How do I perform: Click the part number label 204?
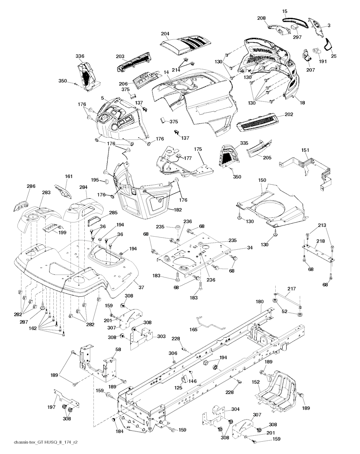pos(165,34)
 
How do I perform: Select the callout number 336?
pos(80,56)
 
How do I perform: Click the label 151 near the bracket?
pos(305,150)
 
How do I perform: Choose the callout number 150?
pos(262,180)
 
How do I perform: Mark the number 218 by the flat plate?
pos(320,241)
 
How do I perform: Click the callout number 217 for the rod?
pos(291,289)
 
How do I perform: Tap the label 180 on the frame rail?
pos(259,301)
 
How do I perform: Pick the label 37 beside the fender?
pos(141,288)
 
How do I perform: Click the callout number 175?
pos(198,149)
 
